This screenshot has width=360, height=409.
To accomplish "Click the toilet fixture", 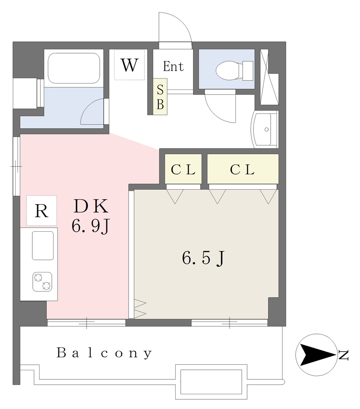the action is pos(235,70).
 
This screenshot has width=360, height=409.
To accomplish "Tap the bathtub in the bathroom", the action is pos(74,68).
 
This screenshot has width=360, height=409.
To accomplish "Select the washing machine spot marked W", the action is pos(129,65).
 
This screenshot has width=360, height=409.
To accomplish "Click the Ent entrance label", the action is pos(173,66).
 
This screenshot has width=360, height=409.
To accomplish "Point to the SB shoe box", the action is pos(160,97).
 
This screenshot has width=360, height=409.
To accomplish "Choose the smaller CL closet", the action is pos(183,169).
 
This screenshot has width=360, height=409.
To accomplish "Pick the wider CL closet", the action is pos(243,169).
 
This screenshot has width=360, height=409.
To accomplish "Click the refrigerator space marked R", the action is pos(42,210).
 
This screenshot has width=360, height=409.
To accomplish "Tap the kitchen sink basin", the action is pos(43,246).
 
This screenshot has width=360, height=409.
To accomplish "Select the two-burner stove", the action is pos(42,282).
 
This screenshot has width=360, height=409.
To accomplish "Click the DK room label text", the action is pos(91,206).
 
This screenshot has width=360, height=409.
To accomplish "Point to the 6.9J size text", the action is pos(90,226).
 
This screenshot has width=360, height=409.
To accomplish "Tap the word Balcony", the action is pos(104,353).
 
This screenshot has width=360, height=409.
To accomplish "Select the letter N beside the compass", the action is pos(343,355).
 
